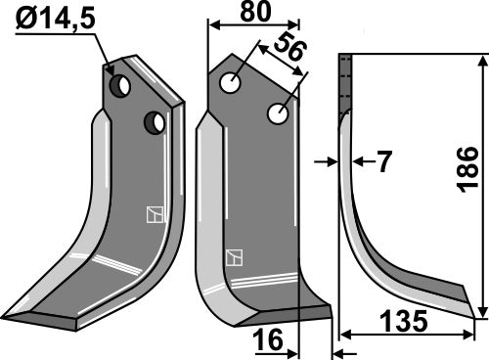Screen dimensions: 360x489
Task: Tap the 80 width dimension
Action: point(252,12)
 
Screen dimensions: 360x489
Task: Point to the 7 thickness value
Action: point(383,162)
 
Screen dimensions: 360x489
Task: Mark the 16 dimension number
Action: point(270,340)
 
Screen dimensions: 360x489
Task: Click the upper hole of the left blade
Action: point(120,86)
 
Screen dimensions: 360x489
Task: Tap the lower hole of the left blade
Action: point(154,123)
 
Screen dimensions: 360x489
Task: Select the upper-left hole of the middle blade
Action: point(231,84)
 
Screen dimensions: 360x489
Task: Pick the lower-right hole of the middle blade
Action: point(277,115)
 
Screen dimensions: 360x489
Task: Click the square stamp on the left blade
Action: point(152,215)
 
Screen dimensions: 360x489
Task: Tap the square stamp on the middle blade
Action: point(234,258)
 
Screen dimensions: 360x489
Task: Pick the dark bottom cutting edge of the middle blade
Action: point(284,316)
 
